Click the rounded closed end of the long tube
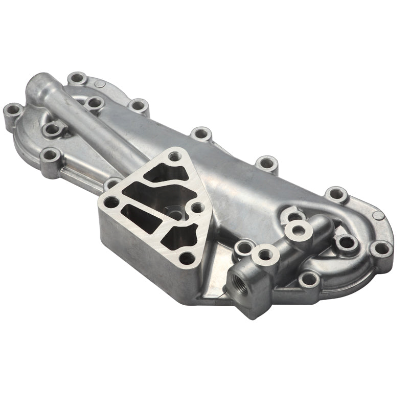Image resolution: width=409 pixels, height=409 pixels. pyautogui.click(x=38, y=82)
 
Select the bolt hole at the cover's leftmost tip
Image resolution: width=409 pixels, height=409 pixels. pyautogui.click(x=12, y=110)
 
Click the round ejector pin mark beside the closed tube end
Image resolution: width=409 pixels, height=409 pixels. pyautogui.click(x=101, y=85)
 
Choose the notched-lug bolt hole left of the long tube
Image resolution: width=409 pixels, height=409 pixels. pyautogui.click(x=51, y=128)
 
